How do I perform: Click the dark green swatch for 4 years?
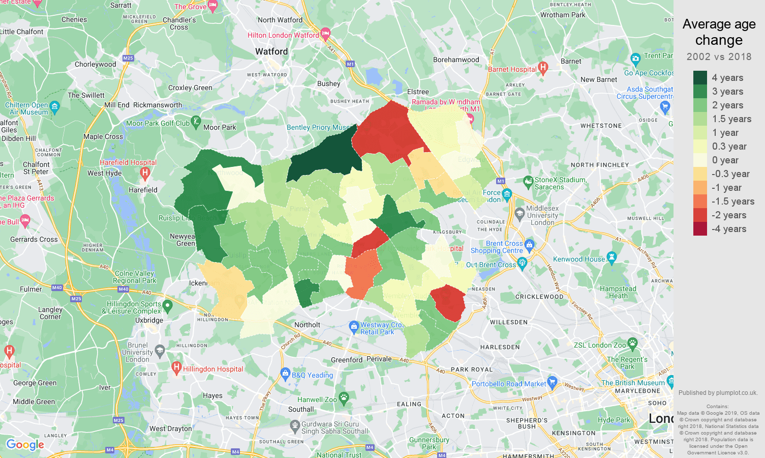coord(700,77)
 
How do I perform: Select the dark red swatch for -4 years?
coord(700,229)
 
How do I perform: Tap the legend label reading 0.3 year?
coord(729,147)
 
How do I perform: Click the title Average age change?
coord(719,32)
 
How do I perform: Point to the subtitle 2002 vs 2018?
coord(719,56)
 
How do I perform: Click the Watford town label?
coord(271,51)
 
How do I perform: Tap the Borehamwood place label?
coord(456,60)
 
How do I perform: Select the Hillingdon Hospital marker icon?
coord(176,367)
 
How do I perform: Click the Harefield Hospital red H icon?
coord(145,173)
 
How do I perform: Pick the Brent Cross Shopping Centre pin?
coord(529,244)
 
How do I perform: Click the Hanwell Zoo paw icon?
coord(344,398)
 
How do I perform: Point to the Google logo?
coord(25,445)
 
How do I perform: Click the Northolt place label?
coord(308,325)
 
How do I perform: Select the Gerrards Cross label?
coord(34,239)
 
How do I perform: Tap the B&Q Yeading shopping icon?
coord(285,374)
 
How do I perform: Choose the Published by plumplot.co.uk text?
coord(718,393)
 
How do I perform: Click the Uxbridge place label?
coord(149,320)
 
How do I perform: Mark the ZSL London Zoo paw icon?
coord(632,343)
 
